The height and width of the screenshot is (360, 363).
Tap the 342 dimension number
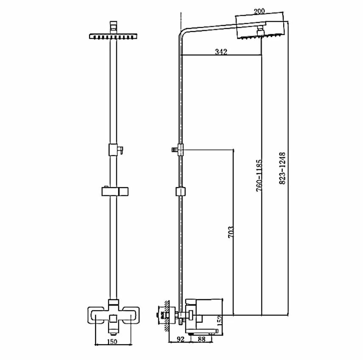point(221,52)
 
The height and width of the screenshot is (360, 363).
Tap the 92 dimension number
point(180,339)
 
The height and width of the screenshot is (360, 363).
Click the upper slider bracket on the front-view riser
point(114,149)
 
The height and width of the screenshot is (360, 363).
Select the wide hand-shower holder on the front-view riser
point(115,191)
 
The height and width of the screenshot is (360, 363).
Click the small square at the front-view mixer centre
point(113,318)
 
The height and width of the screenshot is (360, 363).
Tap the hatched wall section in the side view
point(169,316)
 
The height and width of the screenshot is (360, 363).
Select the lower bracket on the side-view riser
point(180,191)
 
